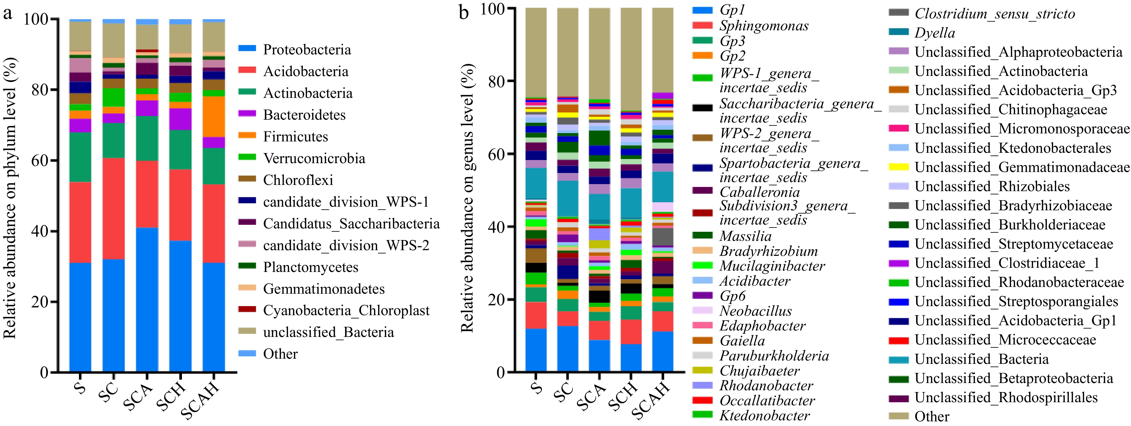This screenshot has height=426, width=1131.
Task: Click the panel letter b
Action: coord(464,13)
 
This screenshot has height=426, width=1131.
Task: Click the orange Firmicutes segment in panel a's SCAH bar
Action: coord(214,116)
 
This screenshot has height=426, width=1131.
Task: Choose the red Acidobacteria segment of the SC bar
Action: coord(114,209)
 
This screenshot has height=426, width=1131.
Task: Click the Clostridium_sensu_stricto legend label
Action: coord(994,14)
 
